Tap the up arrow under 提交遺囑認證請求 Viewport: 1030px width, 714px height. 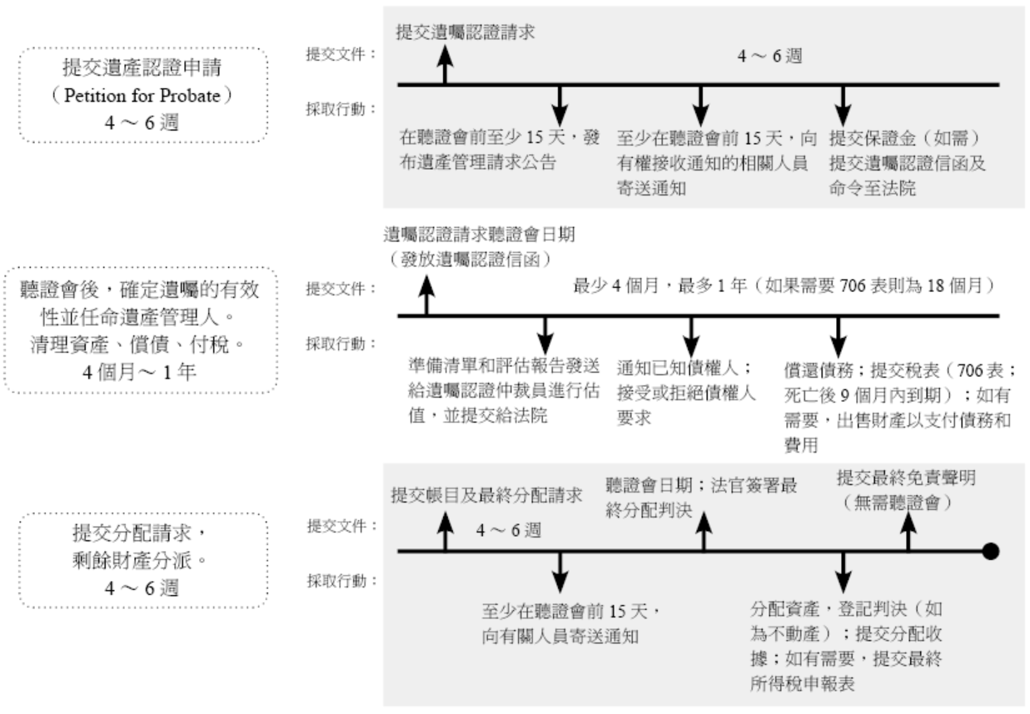(445, 65)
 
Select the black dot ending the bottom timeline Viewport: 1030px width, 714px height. (990, 551)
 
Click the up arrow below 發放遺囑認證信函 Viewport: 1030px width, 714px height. (427, 295)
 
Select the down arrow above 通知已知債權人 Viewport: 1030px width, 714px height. (690, 337)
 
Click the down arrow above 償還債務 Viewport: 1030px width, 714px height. (838, 337)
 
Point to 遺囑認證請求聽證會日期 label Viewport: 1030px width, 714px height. (479, 236)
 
